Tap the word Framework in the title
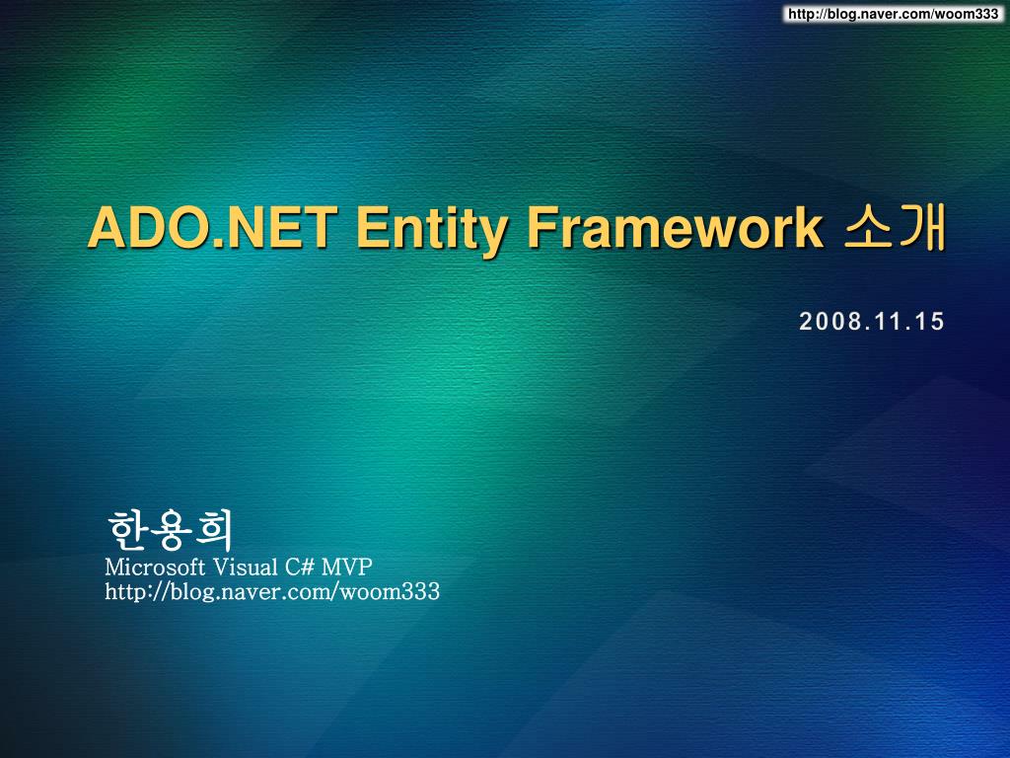[x=673, y=229]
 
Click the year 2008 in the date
[x=825, y=321]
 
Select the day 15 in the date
[x=928, y=321]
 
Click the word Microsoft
[x=155, y=567]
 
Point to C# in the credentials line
[x=300, y=567]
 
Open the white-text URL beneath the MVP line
[x=272, y=592]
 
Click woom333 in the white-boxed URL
[x=973, y=13]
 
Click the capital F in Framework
[x=539, y=229]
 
